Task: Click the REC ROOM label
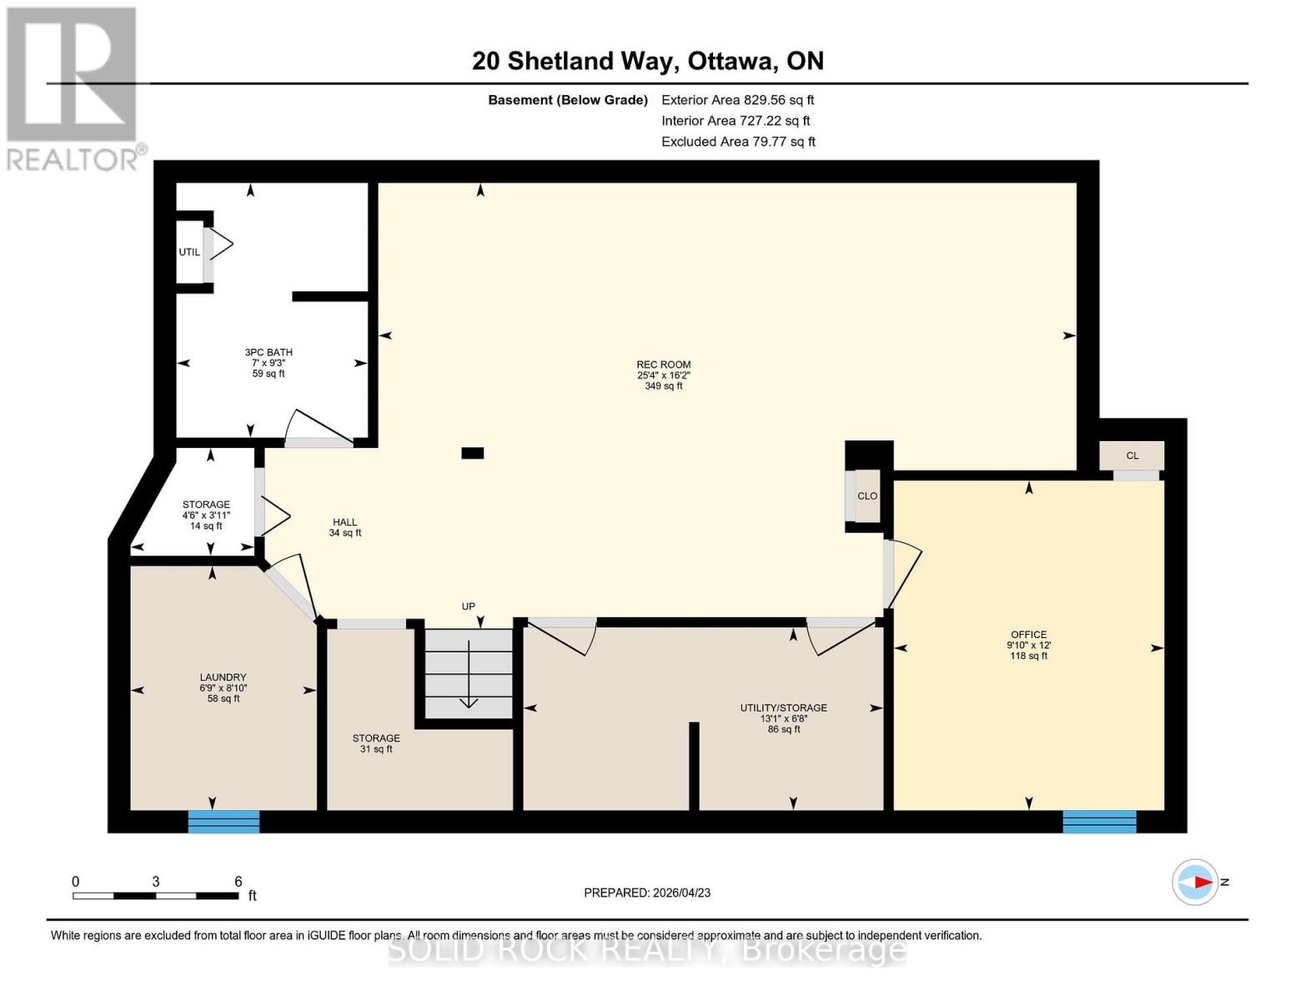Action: coord(663,365)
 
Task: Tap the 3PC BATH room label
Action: coord(269,353)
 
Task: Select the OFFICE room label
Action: coord(1028,635)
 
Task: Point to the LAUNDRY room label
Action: coord(223,678)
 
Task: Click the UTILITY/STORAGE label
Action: coord(783,708)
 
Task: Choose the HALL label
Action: coord(344,522)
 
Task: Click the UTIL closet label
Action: coord(189,252)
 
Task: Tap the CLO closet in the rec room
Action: coord(866,496)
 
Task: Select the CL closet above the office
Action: coord(1132,455)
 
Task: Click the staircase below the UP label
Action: coord(469,674)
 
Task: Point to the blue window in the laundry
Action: coord(223,822)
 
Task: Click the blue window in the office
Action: coord(1099,822)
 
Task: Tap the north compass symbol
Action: coord(1197,882)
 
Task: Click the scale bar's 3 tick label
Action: coord(156,882)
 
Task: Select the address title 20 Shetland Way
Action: coord(647,61)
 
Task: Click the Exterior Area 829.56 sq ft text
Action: coord(737,100)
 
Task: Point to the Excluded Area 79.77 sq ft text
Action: coord(738,142)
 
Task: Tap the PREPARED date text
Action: coord(647,893)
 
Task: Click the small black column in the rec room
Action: coord(473,453)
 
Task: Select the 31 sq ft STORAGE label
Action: coord(376,743)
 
